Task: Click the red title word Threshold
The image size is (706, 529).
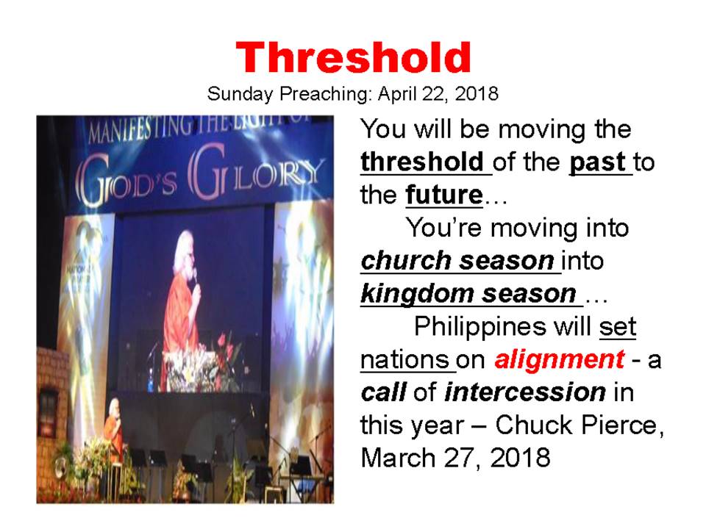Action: pos(354,57)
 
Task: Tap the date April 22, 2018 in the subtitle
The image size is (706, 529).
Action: pos(438,94)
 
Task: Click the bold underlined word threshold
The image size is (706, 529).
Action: pos(422,162)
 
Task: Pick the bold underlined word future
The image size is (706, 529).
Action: pos(444,195)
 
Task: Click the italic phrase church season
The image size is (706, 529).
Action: pos(457,261)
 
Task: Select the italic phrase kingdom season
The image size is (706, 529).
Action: pos(468,295)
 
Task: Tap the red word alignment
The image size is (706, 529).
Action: pos(560,359)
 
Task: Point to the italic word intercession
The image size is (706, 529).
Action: pos(525,392)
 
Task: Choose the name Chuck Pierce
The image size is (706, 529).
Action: pos(580,425)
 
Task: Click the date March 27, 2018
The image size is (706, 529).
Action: pos(455,458)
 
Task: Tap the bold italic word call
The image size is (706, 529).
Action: pos(384,392)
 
